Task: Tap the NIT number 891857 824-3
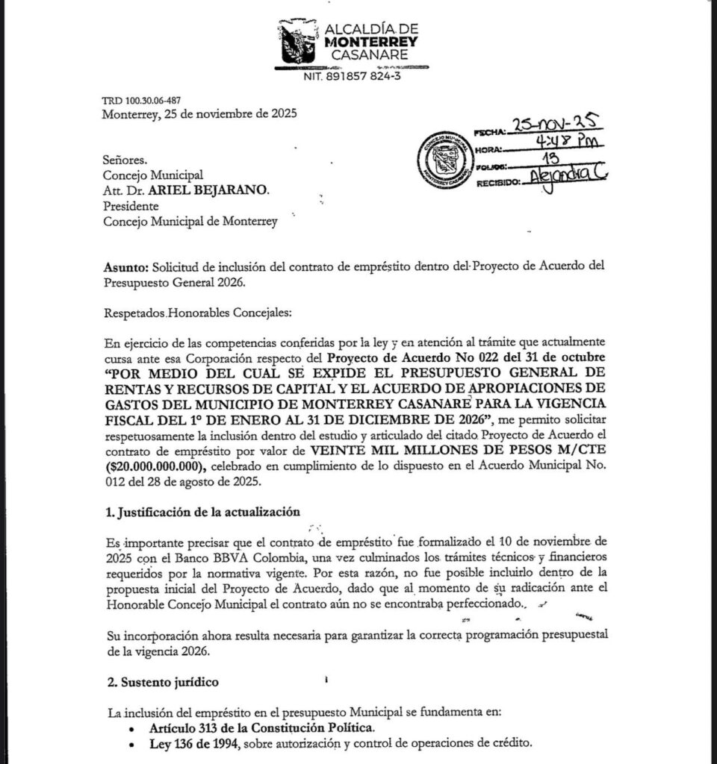coord(351,76)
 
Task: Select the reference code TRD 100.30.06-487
coord(140,101)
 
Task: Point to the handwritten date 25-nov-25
coord(555,127)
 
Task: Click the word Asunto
coord(125,267)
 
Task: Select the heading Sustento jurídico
coord(161,682)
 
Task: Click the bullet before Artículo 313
coord(132,729)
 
